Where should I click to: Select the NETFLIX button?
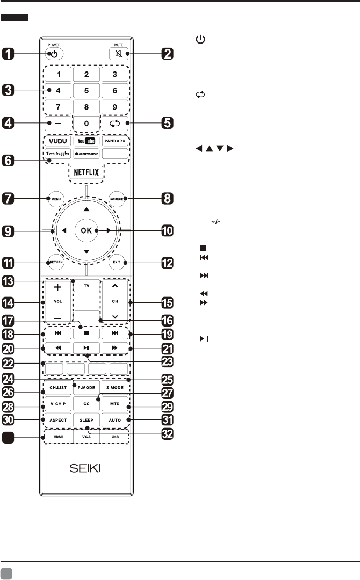coord(86,173)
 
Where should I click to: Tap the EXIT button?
coord(116,263)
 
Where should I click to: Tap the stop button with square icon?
coord(86,333)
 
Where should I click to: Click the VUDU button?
coord(56,141)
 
